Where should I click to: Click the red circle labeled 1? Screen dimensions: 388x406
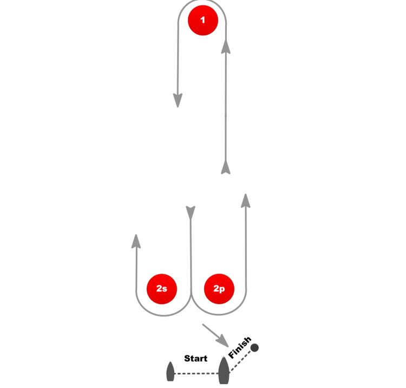point(203,21)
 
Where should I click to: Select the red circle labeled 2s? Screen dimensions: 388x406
point(162,289)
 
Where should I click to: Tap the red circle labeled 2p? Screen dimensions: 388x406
point(219,289)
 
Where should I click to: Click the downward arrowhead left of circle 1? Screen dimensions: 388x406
point(178,100)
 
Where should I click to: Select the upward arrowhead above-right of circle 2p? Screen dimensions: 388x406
point(245,201)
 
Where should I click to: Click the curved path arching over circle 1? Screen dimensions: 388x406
point(202,2)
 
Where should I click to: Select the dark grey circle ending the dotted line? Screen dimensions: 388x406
point(254,347)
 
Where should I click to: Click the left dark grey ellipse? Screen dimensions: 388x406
point(170,372)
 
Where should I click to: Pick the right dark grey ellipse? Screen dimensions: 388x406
point(223,372)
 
